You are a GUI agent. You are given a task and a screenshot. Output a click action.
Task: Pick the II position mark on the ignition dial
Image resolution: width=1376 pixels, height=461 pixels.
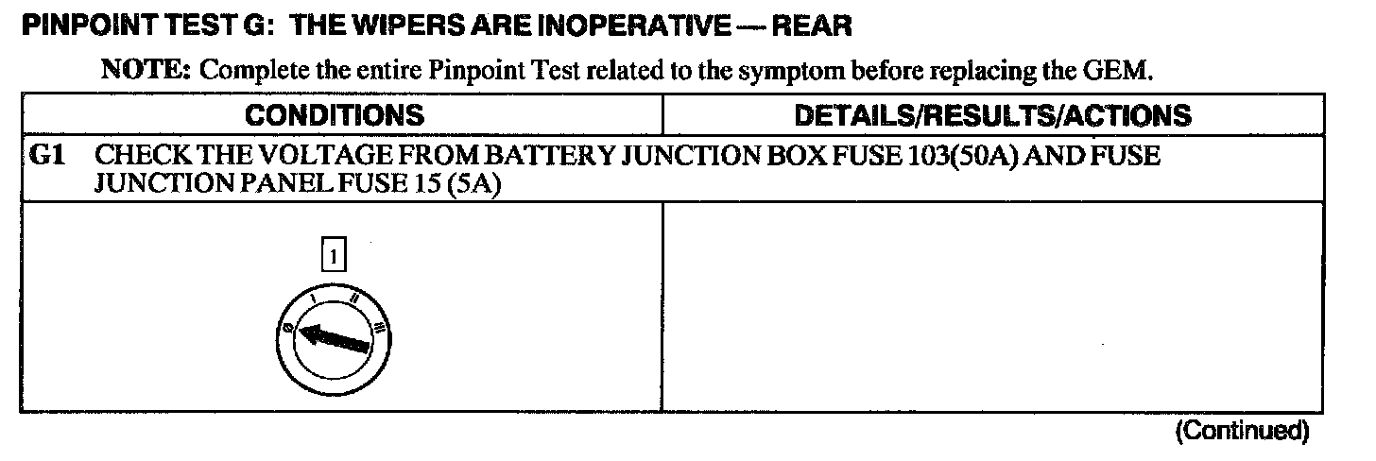point(353,301)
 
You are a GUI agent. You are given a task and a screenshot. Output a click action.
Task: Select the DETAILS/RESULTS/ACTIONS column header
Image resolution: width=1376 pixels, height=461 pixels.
point(991,115)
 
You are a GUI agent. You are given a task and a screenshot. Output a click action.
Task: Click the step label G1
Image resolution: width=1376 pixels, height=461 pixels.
point(48,157)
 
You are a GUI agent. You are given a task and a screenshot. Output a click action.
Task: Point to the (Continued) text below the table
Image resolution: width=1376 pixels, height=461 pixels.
point(1242,432)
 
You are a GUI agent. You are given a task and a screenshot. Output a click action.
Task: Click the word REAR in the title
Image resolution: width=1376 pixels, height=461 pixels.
point(812,26)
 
